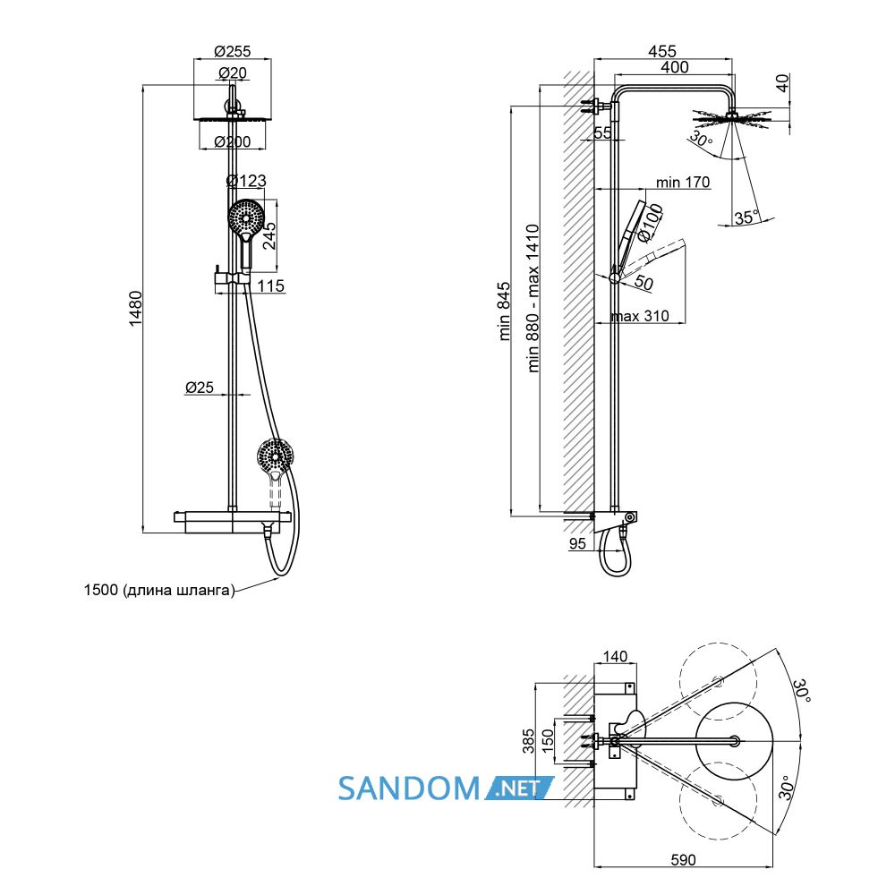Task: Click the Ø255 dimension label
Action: (x=233, y=51)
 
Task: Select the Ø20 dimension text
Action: (x=233, y=73)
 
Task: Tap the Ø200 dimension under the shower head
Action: (x=233, y=141)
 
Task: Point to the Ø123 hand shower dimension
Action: (x=246, y=181)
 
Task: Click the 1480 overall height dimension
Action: (x=135, y=309)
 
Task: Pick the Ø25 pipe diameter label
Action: (x=200, y=387)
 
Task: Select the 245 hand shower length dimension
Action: (x=268, y=235)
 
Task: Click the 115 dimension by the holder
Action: (x=270, y=286)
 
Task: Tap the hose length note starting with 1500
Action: (x=159, y=590)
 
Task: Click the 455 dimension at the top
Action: (x=662, y=51)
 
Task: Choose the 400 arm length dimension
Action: (x=675, y=67)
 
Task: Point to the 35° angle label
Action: (x=747, y=217)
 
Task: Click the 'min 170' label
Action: (x=683, y=182)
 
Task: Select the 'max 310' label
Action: (x=639, y=316)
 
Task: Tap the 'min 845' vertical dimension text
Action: (x=504, y=311)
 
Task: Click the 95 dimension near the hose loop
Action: (x=577, y=543)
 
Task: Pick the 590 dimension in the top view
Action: (x=683, y=859)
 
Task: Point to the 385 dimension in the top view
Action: (x=529, y=740)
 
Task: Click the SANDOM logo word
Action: (x=409, y=788)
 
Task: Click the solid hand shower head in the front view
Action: (x=246, y=217)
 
